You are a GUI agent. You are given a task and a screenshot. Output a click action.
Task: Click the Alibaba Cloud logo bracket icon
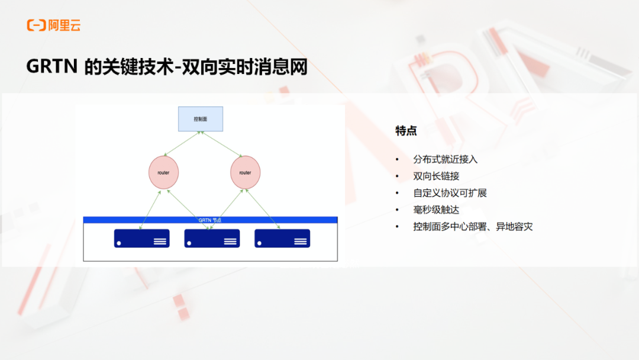pos(36,25)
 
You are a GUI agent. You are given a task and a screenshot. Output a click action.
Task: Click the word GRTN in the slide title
pos(51,66)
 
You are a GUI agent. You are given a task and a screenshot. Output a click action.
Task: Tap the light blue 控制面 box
pos(201,119)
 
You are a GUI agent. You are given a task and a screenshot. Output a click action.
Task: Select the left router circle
pos(163,172)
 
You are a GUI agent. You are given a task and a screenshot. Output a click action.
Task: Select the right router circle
pos(246,172)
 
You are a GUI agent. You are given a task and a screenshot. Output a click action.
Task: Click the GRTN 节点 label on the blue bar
pos(210,220)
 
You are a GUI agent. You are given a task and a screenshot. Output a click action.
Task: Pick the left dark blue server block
pos(142,239)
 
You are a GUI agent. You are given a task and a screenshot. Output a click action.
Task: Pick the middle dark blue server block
pos(212,239)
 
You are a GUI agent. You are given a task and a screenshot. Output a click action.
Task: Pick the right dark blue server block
pos(282,239)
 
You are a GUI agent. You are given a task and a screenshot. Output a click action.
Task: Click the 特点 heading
pos(406,131)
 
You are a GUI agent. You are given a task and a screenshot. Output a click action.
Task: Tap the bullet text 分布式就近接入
pos(445,159)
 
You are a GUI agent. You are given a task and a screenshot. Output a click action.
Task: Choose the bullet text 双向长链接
pos(436,176)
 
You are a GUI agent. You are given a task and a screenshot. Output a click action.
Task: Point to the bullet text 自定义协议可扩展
pos(450,193)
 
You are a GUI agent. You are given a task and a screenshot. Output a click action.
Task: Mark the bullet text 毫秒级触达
pos(436,210)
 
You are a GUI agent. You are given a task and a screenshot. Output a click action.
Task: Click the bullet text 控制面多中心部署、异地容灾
pos(473,227)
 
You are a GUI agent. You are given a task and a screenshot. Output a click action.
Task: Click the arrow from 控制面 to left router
pos(182,143)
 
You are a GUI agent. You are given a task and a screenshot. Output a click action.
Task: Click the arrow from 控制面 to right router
pos(221,144)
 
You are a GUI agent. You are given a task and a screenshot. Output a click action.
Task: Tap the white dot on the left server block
pos(119,243)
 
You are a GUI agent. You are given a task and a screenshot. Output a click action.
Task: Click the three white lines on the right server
pos(301,242)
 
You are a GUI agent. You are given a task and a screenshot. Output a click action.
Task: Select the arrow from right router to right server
pos(263,209)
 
